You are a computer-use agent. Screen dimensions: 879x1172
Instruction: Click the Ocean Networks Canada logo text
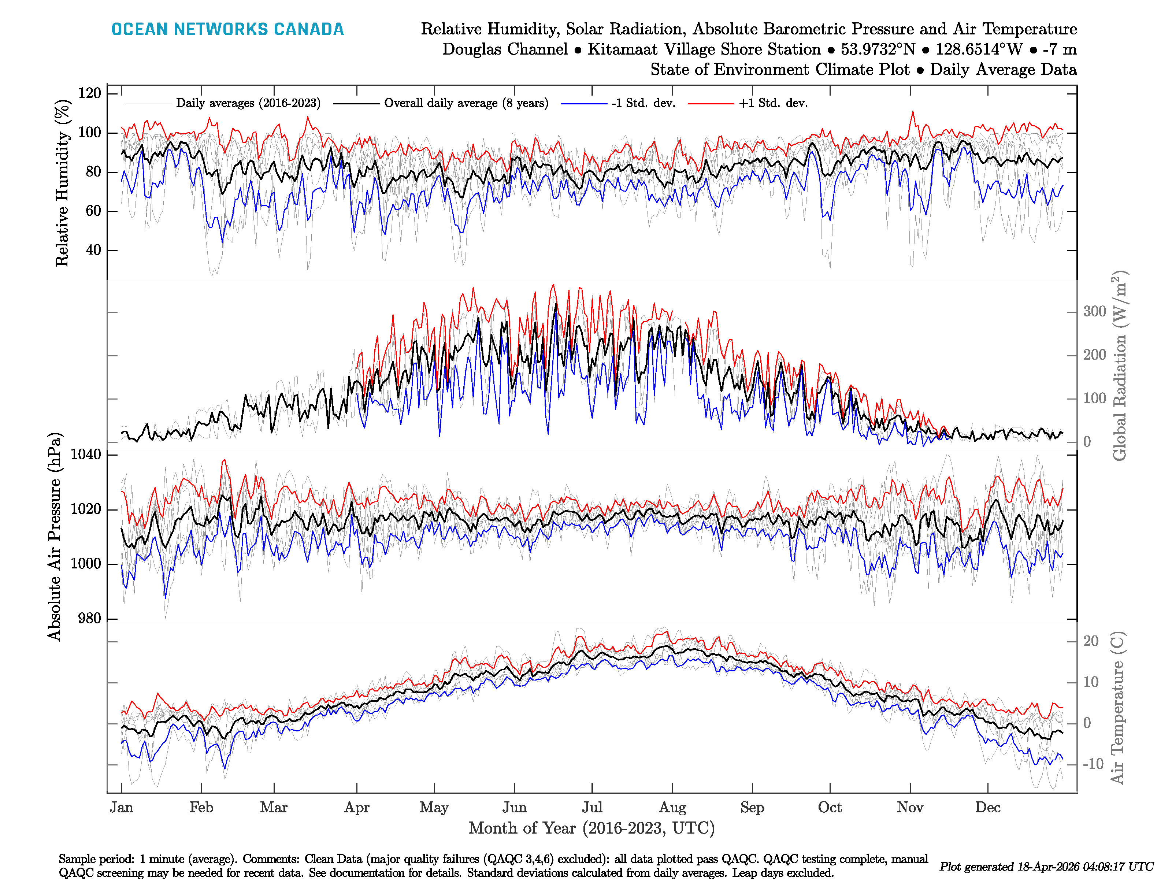click(x=227, y=29)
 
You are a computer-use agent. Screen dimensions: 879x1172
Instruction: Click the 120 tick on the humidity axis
click(x=89, y=93)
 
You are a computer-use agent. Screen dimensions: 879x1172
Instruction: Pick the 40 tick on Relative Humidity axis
click(x=93, y=250)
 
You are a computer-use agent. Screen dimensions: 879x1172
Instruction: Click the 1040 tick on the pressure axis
click(x=86, y=455)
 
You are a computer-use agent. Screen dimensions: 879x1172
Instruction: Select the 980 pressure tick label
click(x=89, y=618)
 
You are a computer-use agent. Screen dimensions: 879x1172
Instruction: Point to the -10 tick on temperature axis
click(x=1093, y=764)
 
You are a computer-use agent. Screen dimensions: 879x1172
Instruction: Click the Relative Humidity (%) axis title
click(x=62, y=183)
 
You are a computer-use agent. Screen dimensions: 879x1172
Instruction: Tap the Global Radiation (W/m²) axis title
click(x=1119, y=366)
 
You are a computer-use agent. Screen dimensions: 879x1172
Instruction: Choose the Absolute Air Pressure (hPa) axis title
click(x=55, y=537)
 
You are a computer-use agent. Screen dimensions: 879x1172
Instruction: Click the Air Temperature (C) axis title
click(x=1117, y=707)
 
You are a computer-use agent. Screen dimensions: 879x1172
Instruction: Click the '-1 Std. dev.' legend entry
click(x=643, y=103)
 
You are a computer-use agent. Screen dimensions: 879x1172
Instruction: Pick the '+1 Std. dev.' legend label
click(x=773, y=103)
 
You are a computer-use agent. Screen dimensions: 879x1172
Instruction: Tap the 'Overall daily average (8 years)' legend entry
click(x=466, y=103)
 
